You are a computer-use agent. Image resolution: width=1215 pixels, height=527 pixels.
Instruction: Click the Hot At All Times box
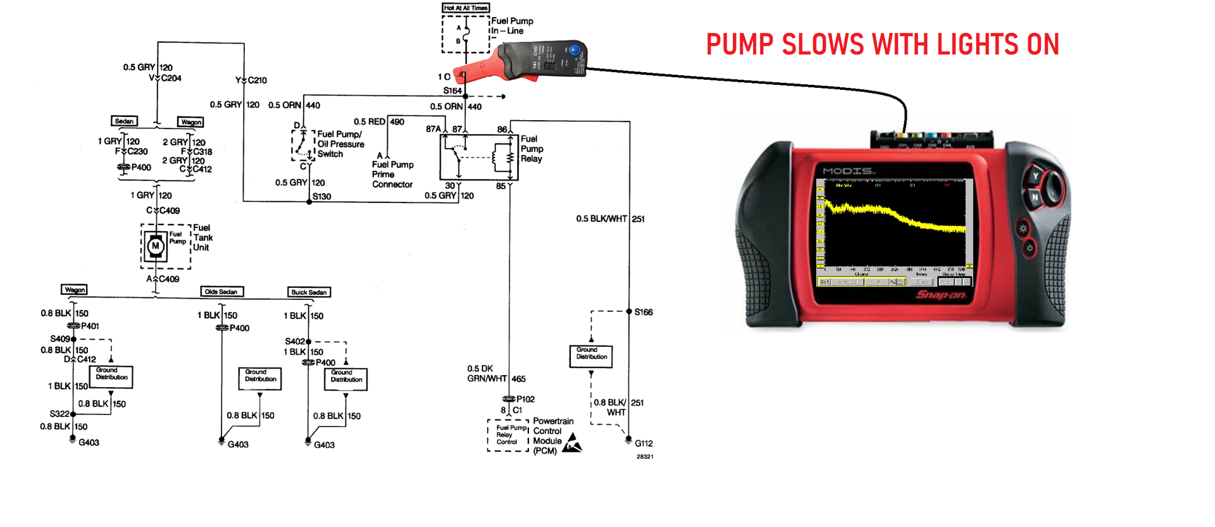[465, 8]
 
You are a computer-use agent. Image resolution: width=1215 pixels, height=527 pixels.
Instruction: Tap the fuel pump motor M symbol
[155, 246]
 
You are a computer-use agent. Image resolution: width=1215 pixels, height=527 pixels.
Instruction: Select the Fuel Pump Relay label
[532, 149]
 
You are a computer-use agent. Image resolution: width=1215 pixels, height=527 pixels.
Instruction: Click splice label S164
[452, 90]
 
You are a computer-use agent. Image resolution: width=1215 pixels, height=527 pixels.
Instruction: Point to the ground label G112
[644, 443]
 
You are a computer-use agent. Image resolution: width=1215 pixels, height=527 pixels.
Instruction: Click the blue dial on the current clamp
[574, 50]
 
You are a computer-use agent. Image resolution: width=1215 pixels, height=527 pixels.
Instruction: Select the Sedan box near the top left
[124, 121]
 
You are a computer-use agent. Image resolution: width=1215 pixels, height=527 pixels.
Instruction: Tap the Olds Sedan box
[221, 292]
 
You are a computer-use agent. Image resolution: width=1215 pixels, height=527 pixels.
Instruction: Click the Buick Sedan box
[309, 292]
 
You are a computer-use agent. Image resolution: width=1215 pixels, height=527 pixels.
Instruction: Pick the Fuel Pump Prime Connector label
[392, 175]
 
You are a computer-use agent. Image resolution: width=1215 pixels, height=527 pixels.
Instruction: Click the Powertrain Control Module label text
[552, 436]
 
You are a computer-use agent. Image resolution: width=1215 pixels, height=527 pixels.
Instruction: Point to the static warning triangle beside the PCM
[572, 443]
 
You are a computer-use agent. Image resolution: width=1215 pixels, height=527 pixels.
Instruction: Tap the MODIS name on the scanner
[849, 171]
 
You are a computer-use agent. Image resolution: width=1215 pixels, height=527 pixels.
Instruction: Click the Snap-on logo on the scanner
[941, 295]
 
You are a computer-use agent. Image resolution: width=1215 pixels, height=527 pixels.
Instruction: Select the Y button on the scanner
[1035, 177]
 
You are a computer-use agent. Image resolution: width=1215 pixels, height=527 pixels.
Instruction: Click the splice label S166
[644, 312]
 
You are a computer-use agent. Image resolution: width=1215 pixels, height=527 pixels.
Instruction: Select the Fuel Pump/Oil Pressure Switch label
[340, 144]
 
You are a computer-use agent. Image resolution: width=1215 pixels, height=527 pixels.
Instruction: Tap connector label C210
[257, 80]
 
